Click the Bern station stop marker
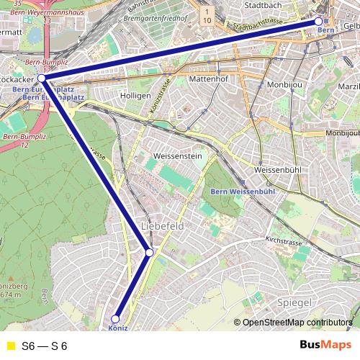(318, 22)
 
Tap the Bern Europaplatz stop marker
(42, 78)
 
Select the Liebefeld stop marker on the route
(149, 252)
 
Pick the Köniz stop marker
(115, 318)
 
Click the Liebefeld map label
(163, 226)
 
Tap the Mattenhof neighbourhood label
(208, 78)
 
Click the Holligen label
(136, 95)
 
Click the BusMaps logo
(325, 345)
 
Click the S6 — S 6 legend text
(45, 346)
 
